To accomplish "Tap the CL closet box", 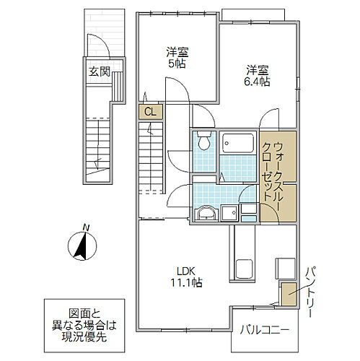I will [149, 112].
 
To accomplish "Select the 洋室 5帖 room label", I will [175, 58].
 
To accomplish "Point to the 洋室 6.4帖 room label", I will [257, 76].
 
